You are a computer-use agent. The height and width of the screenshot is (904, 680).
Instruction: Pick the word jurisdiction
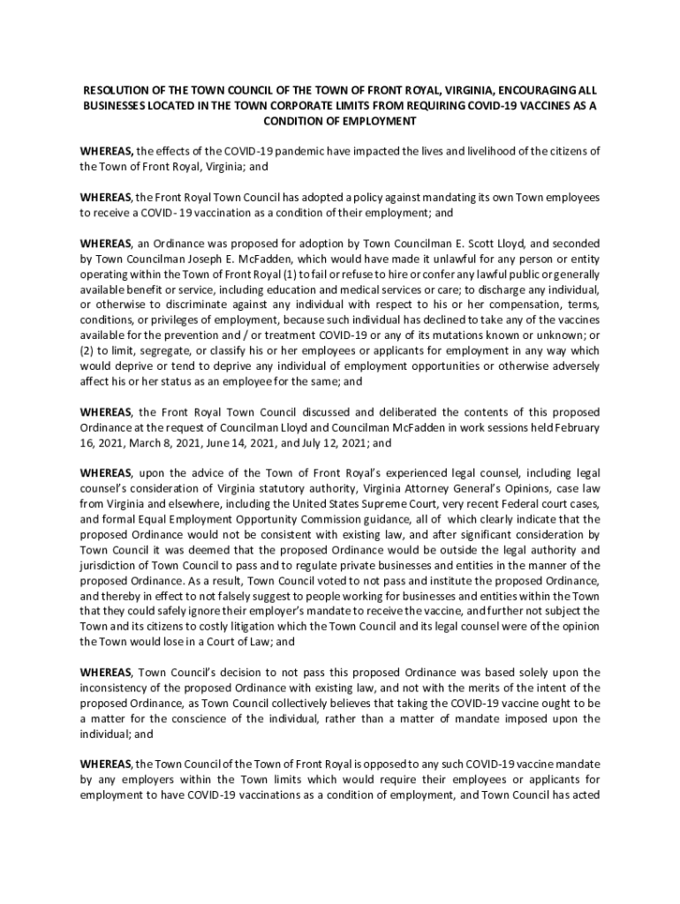click(x=108, y=565)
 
